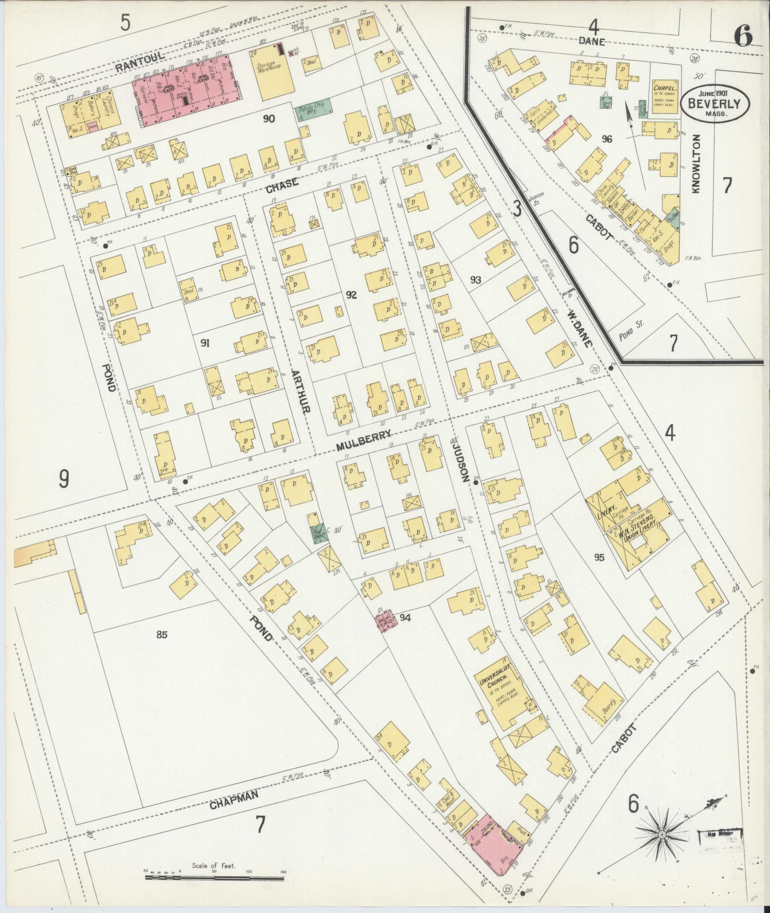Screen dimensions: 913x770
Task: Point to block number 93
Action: [x=475, y=280]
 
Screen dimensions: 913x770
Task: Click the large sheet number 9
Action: [x=64, y=479]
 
